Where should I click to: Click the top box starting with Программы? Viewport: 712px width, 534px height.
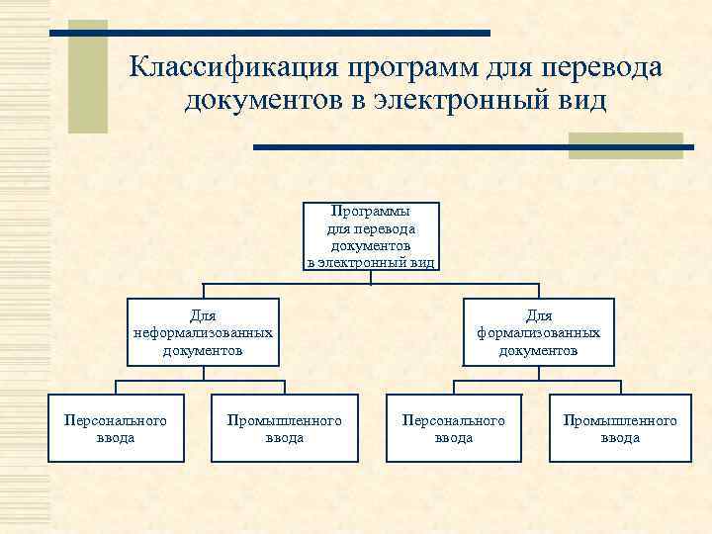pyautogui.click(x=371, y=236)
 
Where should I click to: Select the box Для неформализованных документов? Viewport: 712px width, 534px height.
pyautogui.click(x=204, y=332)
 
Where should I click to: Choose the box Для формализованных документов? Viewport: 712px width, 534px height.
pyautogui.click(x=538, y=332)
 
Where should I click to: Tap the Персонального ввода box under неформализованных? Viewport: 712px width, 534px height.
pyautogui.click(x=116, y=428)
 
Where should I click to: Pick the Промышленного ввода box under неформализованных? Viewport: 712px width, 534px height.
pyautogui.click(x=284, y=428)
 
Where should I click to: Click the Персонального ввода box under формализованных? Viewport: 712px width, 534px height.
pyautogui.click(x=453, y=428)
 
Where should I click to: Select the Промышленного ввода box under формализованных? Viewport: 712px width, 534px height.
pyautogui.click(x=620, y=428)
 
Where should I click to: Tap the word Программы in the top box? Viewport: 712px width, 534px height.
pyautogui.click(x=371, y=212)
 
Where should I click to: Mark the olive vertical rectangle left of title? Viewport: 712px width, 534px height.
pyautogui.click(x=87, y=77)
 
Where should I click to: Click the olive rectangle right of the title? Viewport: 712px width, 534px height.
pyautogui.click(x=625, y=145)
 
